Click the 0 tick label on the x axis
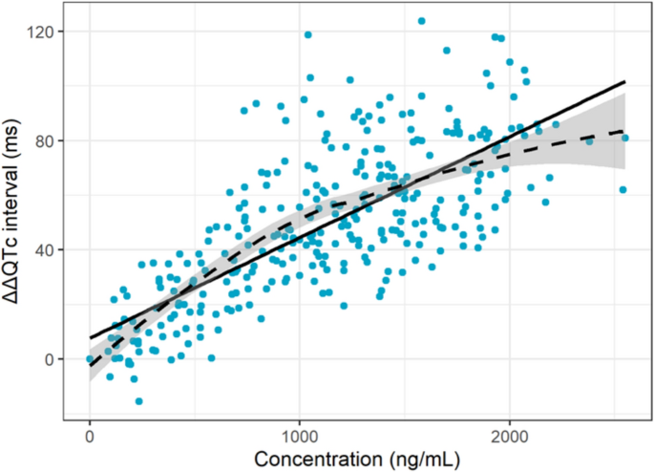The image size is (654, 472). point(90,431)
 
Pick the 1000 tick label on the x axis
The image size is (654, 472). point(300,431)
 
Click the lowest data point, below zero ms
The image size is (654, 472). point(138,401)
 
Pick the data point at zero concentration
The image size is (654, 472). point(90,359)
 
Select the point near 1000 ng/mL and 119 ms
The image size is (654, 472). point(307,35)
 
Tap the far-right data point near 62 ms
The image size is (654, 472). point(622,190)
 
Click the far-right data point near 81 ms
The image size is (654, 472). point(625,139)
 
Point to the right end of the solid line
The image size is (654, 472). point(624,82)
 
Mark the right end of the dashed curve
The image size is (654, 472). point(624,130)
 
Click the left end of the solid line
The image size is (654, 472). point(90,338)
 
